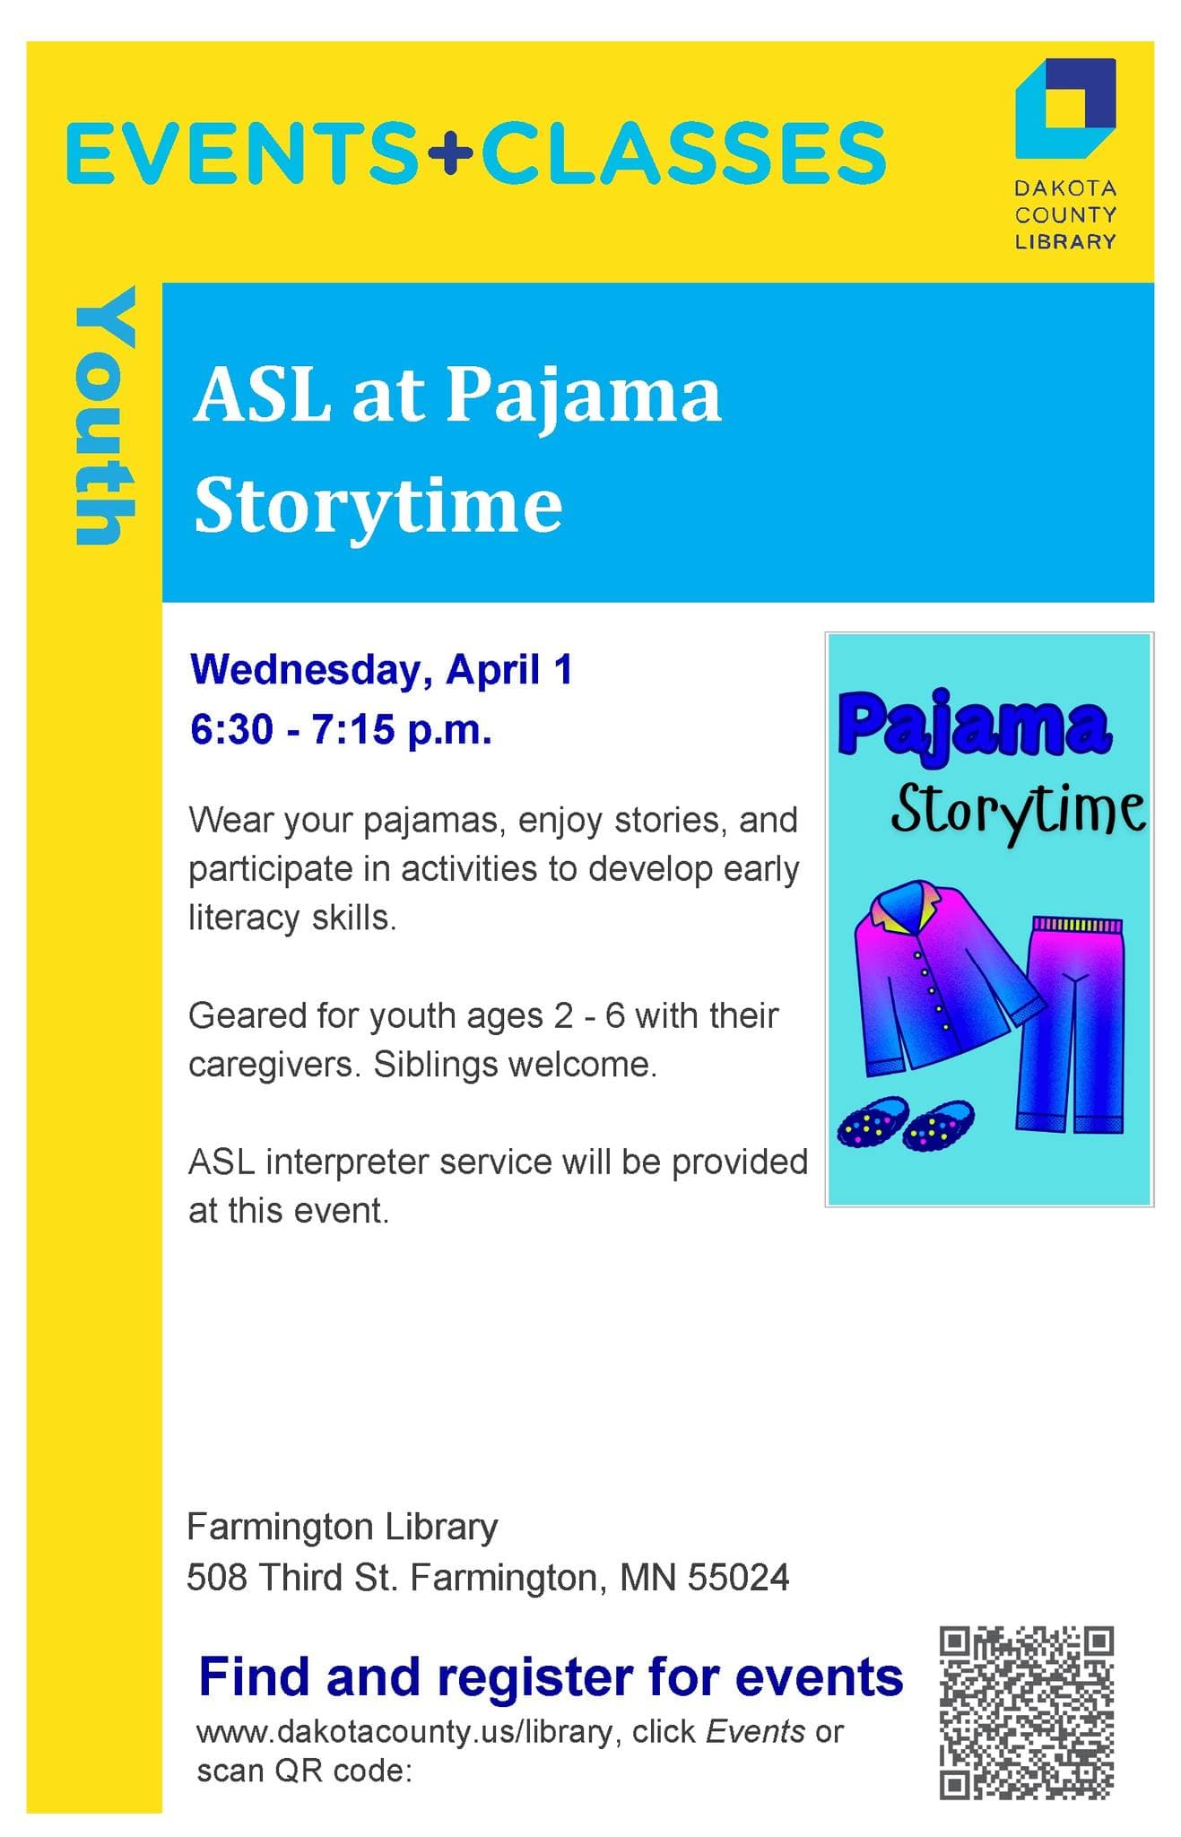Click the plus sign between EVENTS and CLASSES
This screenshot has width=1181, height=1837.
[x=450, y=153]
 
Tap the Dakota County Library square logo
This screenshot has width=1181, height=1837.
[x=1064, y=106]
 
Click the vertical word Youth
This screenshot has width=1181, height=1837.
[x=106, y=416]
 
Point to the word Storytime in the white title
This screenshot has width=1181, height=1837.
[x=378, y=505]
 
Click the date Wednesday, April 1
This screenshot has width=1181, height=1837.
[x=381, y=670]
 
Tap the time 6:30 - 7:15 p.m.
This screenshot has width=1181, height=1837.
[x=341, y=729]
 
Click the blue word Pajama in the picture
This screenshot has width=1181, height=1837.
[x=974, y=727]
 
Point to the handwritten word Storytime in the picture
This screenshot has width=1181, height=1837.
[x=1017, y=810]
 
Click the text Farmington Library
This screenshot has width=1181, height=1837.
[x=342, y=1526]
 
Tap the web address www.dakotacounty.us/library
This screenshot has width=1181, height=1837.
[x=404, y=1730]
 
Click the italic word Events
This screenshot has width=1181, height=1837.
[x=755, y=1730]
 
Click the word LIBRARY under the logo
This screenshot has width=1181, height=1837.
[x=1064, y=241]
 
